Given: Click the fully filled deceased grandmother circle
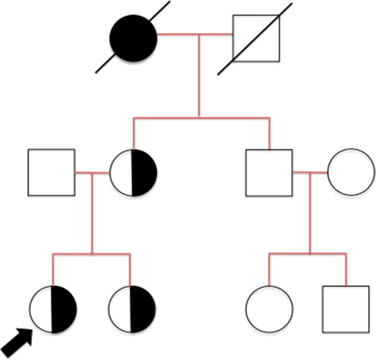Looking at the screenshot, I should [x=133, y=38].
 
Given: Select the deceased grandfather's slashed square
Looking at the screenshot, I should [x=256, y=38].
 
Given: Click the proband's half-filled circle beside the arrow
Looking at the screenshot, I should [x=53, y=309].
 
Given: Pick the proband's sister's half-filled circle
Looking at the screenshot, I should [x=132, y=309].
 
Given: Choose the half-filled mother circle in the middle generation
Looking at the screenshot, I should [x=133, y=173].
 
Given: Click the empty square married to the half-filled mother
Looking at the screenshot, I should [x=51, y=173].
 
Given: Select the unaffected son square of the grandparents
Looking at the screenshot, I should [x=269, y=173].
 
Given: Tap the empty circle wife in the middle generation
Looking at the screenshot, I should [x=351, y=172].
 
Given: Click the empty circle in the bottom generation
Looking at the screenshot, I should [x=269, y=309].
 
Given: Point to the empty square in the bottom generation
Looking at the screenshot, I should [x=346, y=309].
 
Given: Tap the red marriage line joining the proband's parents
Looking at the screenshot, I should [x=92, y=173].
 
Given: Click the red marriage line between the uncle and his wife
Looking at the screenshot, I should [x=310, y=172].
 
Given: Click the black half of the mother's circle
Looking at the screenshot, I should [x=145, y=173].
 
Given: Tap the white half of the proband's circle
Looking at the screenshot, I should [x=41, y=309].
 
